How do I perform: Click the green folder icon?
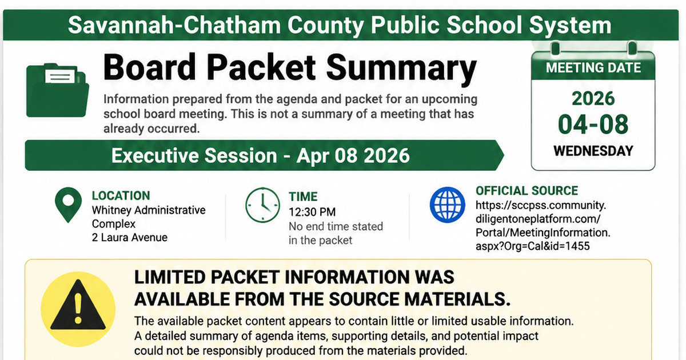(58, 90)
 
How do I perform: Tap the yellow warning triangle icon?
(78, 309)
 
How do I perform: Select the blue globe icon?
(448, 205)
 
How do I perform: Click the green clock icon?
(262, 205)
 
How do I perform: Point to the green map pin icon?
(68, 205)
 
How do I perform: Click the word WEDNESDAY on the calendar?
(593, 151)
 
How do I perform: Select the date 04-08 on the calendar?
(593, 125)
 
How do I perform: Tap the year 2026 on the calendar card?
(593, 98)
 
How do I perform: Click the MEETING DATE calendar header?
(593, 67)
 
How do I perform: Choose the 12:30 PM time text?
(312, 212)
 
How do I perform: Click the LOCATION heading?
(121, 195)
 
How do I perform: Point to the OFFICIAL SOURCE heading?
(527, 191)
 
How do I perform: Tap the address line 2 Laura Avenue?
(130, 238)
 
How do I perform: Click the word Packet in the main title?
(261, 67)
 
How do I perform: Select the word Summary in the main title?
(401, 69)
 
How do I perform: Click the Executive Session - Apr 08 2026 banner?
(264, 155)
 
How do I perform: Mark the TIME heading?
(303, 197)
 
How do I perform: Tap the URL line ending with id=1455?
(533, 246)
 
